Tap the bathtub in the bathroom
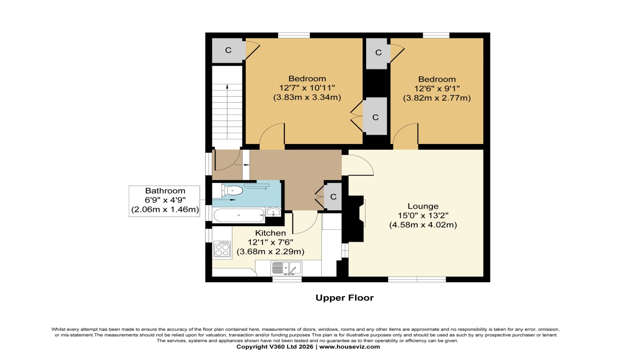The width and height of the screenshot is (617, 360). coord(239,215)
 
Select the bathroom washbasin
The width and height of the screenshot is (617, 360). coord(273,212)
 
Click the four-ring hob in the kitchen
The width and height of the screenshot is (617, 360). coord(222,249)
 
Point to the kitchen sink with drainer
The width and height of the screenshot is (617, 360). coord(286,268)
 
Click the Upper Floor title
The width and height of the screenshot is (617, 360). coord(344,298)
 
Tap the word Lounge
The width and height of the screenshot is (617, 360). coord(423,206)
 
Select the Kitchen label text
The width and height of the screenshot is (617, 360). coord(270,233)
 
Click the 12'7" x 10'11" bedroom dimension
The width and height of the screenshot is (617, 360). coord(307,88)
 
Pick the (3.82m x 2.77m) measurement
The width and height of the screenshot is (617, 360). coord(437,98)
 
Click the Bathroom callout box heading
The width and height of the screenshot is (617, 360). coord(165,191)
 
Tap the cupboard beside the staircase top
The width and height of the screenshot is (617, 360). coord(228,50)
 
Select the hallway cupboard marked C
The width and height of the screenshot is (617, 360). coord(333,196)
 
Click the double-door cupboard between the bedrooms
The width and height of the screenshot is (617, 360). coord(375,116)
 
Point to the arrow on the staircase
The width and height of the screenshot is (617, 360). coord(227,112)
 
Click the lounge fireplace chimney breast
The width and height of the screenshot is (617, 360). coord(355,219)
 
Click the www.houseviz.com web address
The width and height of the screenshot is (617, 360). coord(350,347)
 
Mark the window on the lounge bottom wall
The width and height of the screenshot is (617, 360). coord(417,279)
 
